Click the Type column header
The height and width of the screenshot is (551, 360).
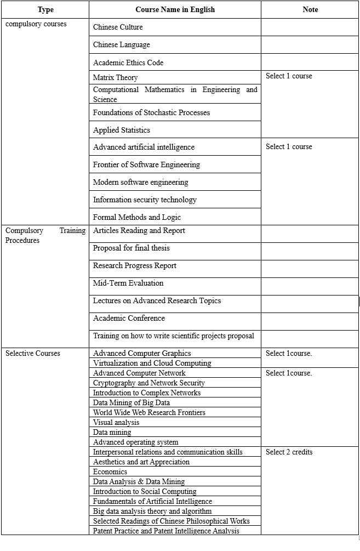click(45, 9)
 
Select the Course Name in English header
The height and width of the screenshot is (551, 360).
click(175, 9)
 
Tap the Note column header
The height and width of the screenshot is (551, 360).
click(310, 9)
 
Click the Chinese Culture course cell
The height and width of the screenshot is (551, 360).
click(118, 27)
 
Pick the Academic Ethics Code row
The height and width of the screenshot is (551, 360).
click(128, 63)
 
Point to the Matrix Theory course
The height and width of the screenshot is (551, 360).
click(115, 77)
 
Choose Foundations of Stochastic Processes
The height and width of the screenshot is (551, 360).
click(151, 112)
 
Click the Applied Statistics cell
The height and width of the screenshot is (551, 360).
click(121, 130)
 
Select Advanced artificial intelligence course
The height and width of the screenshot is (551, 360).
click(144, 147)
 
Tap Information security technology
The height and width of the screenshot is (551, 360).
click(145, 200)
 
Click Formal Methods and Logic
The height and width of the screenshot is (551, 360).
click(136, 217)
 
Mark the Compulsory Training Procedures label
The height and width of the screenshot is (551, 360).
click(45, 235)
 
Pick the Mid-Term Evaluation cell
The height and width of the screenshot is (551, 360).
click(128, 283)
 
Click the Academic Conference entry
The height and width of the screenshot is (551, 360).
click(129, 318)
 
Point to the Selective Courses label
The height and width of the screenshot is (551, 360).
click(33, 353)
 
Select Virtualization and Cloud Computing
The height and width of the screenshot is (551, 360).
click(152, 363)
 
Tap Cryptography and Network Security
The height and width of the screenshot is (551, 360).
click(148, 383)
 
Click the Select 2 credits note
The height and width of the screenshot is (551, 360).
click(289, 452)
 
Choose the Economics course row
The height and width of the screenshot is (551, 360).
click(110, 472)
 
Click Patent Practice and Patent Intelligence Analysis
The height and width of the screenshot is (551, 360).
click(166, 531)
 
